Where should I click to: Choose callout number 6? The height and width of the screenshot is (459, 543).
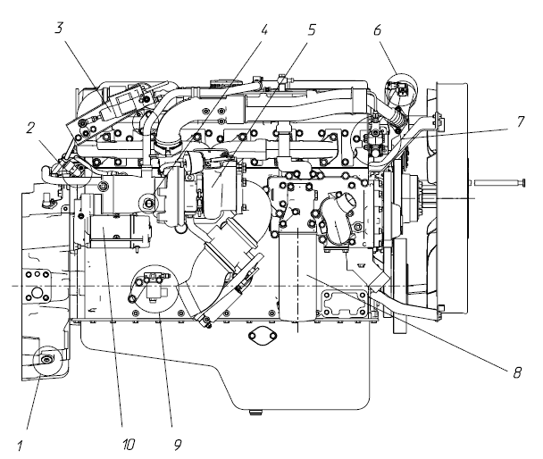click(x=379, y=29)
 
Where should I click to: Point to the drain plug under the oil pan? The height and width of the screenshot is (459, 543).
click(x=257, y=411)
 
